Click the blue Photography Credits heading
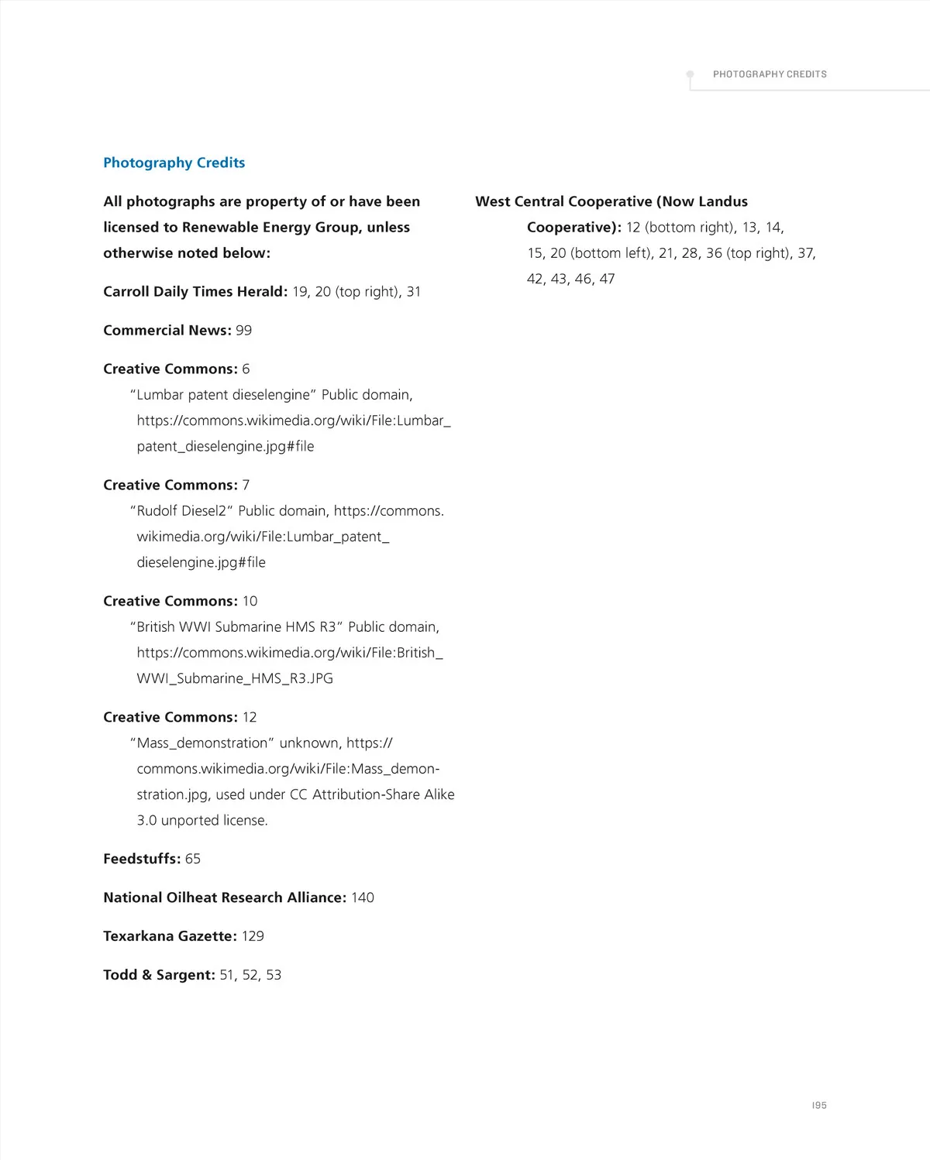click(x=174, y=163)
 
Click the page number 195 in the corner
click(x=819, y=1105)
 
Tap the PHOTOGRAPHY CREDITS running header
click(x=770, y=74)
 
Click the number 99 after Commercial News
click(x=243, y=330)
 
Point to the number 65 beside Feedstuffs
click(x=193, y=858)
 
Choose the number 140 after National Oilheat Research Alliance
click(x=363, y=897)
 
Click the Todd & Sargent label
click(x=159, y=974)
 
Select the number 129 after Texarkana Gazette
click(x=253, y=935)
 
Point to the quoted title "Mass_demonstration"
click(x=202, y=743)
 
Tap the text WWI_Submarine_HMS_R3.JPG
click(x=235, y=678)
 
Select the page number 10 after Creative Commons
click(x=250, y=601)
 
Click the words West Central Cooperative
click(x=563, y=201)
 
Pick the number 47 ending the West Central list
click(x=607, y=279)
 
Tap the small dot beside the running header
click(x=690, y=74)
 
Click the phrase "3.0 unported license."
click(x=202, y=820)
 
